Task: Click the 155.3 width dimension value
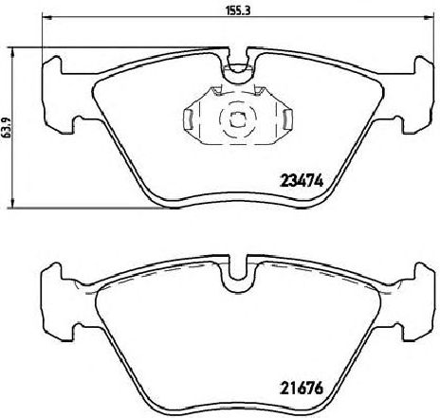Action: coord(238,10)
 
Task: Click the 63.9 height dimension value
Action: coord(5,127)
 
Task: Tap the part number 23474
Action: coord(302,181)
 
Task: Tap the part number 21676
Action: coord(302,388)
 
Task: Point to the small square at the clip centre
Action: coord(237,118)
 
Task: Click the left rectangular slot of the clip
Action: coord(188,118)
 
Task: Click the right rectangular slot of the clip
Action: coord(287,118)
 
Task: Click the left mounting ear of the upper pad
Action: coord(53,94)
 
